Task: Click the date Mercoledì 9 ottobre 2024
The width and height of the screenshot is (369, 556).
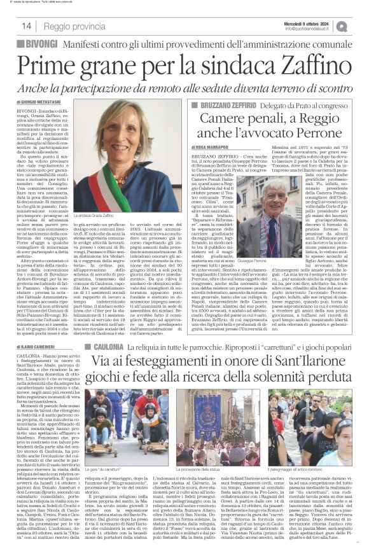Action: (306, 22)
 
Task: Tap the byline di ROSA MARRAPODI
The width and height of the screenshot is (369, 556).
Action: (214, 147)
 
